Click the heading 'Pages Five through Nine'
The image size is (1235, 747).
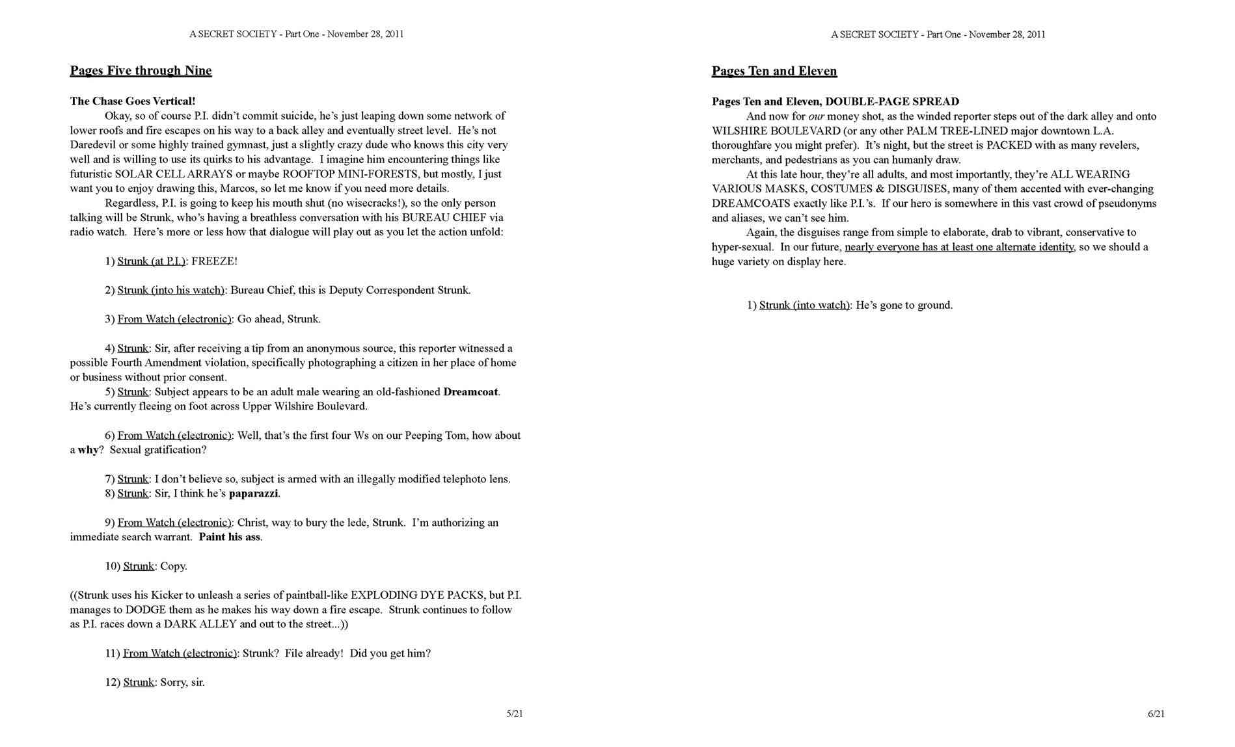coord(141,71)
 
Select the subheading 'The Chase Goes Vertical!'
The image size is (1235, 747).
coord(133,101)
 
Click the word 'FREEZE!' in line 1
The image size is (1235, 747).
coord(215,261)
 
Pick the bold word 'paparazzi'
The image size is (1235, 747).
coord(253,493)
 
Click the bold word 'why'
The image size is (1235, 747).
coord(88,450)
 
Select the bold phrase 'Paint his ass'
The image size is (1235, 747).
coord(230,537)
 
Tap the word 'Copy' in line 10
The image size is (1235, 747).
coord(172,566)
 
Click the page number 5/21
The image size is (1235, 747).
coord(515,714)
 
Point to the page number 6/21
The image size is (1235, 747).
coord(1156,714)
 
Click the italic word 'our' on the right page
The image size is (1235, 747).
coord(817,116)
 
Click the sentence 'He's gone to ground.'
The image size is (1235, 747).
coord(904,306)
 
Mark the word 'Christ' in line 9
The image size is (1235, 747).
coord(252,523)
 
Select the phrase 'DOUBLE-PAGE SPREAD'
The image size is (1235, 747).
coord(892,101)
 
